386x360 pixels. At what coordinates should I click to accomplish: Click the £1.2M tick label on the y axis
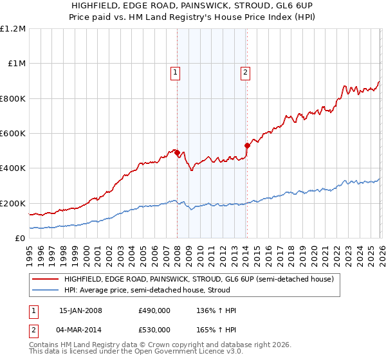click(x=13, y=29)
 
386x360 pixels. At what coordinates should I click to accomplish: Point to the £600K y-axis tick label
click(x=13, y=134)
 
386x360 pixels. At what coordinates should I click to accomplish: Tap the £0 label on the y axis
click(x=21, y=239)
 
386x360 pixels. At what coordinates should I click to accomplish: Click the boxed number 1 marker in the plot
click(x=175, y=73)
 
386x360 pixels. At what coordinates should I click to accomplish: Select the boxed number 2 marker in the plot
click(x=246, y=73)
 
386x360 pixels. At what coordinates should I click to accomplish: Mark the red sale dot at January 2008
click(x=177, y=152)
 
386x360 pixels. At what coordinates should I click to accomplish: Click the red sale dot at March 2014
click(x=247, y=146)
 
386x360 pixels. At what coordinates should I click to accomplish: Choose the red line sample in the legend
click(x=45, y=280)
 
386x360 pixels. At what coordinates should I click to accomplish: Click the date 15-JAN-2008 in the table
click(x=80, y=310)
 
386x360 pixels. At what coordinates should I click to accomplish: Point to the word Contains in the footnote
click(x=45, y=345)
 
